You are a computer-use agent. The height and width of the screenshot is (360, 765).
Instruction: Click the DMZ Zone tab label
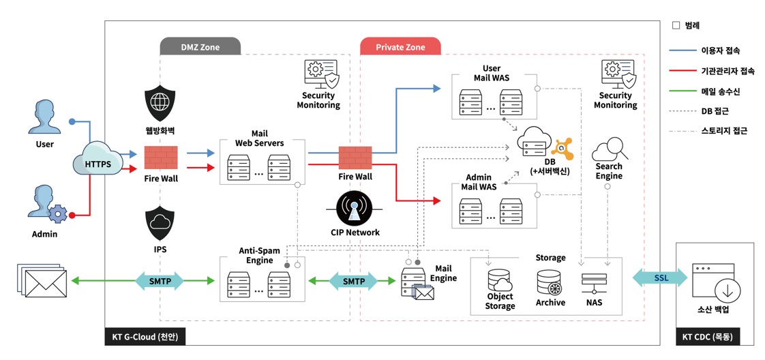point(200,47)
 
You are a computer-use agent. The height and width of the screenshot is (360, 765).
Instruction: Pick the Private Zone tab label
point(400,47)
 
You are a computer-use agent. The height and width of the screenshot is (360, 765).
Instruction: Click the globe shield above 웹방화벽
point(160,103)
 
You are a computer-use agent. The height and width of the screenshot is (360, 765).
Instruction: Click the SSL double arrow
point(660,277)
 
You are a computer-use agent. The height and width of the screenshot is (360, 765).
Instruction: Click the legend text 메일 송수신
point(720,91)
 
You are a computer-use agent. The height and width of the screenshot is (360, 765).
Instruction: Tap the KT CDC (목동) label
point(708,337)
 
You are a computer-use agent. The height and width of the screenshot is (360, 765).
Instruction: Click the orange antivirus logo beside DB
point(565,148)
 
